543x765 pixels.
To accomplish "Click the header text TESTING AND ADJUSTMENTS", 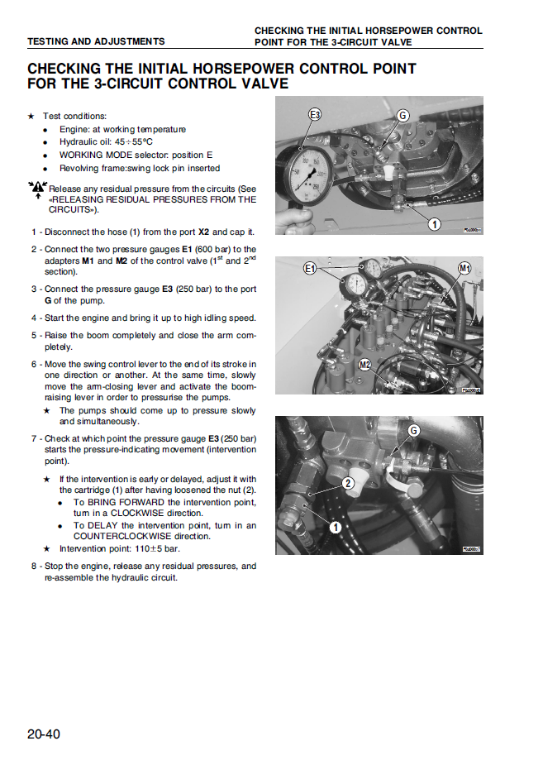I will point(96,41).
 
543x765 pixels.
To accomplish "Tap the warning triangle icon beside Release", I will point(37,189).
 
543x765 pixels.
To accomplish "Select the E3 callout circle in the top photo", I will point(315,115).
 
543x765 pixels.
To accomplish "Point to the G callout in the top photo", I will point(403,116).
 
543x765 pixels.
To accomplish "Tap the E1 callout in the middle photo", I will point(311,268).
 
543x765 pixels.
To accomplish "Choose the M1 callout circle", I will point(464,268).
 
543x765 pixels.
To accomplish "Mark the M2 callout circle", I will point(364,365).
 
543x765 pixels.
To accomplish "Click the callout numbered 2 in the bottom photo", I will point(349,483).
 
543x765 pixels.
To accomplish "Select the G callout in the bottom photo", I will point(414,430).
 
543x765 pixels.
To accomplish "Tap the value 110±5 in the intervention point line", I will point(132,548).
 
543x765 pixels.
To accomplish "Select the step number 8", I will point(34,567).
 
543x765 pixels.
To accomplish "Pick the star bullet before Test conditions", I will point(31,117).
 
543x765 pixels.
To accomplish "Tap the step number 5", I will point(34,336).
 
